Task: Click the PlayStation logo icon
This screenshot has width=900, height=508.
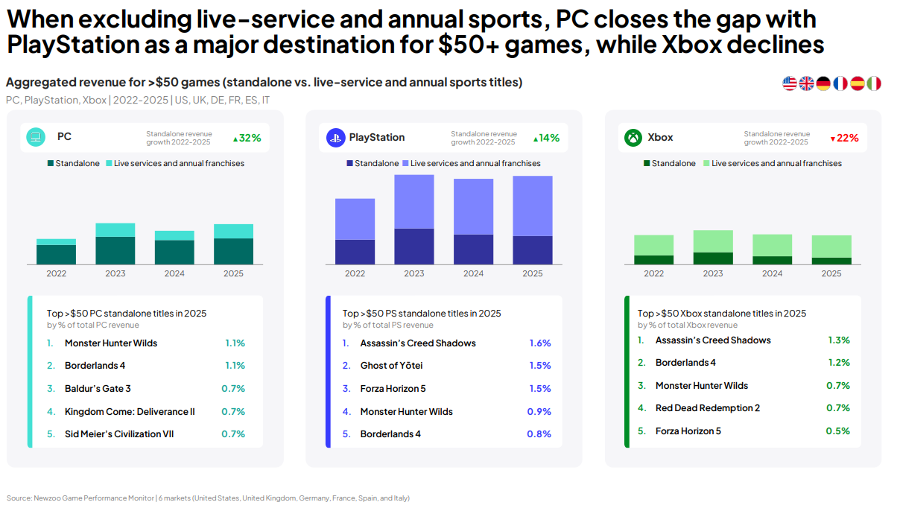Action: (336, 138)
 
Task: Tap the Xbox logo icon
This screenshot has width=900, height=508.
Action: (633, 138)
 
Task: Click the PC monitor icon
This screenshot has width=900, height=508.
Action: (36, 137)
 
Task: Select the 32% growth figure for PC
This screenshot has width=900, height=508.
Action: (247, 138)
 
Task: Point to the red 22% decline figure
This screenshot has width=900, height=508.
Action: (845, 138)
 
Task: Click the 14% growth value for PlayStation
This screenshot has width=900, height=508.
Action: (546, 138)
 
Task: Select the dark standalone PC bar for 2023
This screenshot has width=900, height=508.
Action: (115, 250)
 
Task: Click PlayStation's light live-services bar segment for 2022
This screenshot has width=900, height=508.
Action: (355, 219)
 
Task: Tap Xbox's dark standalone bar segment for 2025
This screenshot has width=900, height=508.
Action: (831, 261)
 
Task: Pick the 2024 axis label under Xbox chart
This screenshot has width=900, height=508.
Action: (773, 273)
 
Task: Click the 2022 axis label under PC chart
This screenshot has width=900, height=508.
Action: (57, 273)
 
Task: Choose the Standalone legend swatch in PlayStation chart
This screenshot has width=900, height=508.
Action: (349, 163)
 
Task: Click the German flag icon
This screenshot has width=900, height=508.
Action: (823, 83)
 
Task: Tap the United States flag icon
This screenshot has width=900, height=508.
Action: (790, 83)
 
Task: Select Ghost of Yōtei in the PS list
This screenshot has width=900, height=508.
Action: (391, 366)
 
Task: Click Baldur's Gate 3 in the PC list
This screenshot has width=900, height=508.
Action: (98, 388)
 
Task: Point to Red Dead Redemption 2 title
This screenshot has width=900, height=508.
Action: (708, 408)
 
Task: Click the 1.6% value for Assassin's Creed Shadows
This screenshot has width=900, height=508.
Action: (540, 343)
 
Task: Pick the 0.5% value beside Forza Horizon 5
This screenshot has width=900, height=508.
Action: (837, 431)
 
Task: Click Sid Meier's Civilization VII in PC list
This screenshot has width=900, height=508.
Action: (119, 434)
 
